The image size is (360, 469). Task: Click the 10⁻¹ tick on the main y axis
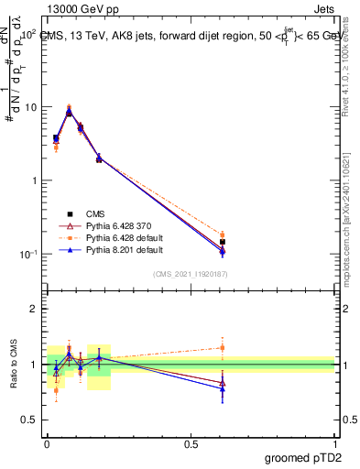point(27,254)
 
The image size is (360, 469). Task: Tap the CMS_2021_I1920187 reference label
point(190,274)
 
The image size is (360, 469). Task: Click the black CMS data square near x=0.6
point(223,242)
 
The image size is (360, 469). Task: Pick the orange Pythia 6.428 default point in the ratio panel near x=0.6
point(223,347)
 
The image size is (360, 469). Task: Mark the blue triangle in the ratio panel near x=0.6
point(223,388)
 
